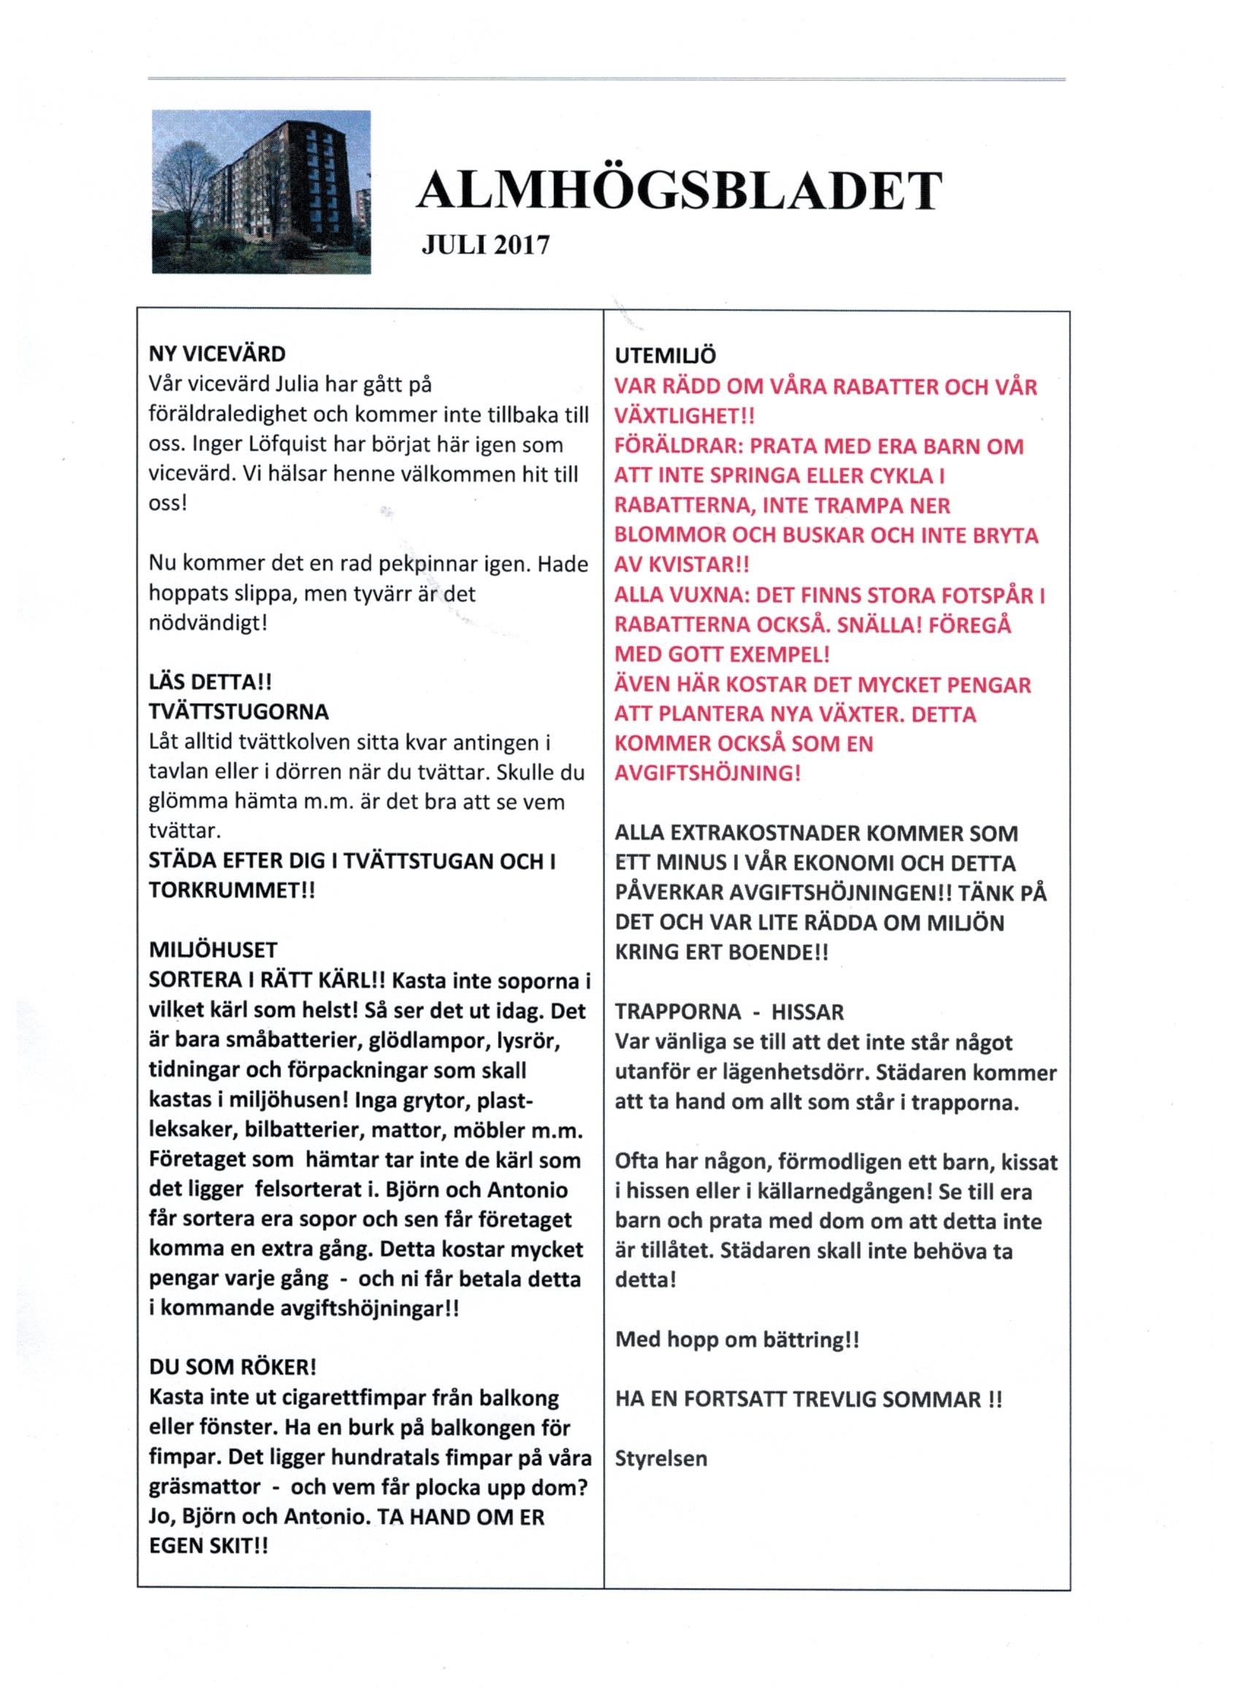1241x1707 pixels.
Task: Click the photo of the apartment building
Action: (x=261, y=192)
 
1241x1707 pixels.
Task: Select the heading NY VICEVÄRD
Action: (x=218, y=354)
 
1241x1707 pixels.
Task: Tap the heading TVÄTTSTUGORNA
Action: (x=239, y=712)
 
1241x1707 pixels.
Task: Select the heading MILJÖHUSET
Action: (x=213, y=950)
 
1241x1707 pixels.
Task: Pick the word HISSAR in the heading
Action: (x=805, y=1011)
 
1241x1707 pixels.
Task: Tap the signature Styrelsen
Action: (x=661, y=1459)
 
